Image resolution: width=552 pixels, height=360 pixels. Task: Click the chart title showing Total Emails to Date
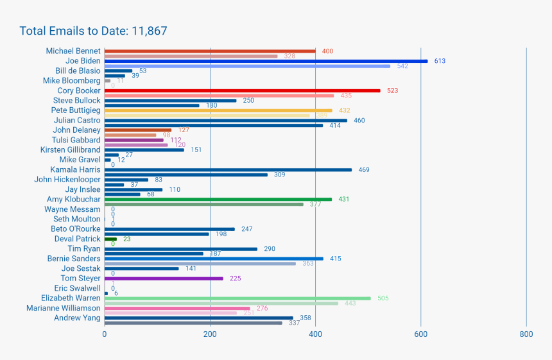coord(94,31)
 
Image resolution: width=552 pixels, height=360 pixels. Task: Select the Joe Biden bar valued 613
coord(266,61)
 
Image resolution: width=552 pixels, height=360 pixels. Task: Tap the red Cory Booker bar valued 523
coord(242,90)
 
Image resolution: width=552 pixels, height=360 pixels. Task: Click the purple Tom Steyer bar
coord(164,279)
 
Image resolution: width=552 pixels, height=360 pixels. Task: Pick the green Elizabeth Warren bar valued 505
coord(237,298)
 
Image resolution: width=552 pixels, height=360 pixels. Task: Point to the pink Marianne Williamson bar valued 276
coord(177,308)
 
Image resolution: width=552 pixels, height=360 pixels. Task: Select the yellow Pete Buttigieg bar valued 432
coord(218,110)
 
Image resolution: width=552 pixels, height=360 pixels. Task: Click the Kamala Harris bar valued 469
coord(228,170)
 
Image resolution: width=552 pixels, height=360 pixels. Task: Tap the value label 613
coord(440,61)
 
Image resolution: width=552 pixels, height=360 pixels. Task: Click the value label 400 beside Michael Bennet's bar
coord(327,51)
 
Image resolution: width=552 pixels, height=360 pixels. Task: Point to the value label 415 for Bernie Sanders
coord(335,259)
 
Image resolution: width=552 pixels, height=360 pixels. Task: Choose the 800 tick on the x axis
coord(526,334)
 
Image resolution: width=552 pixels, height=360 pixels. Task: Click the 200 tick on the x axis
coord(210,334)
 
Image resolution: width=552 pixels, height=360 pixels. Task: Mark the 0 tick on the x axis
coord(105,334)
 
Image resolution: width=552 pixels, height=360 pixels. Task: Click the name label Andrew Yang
coord(77,318)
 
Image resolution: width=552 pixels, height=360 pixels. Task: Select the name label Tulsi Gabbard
coord(76,140)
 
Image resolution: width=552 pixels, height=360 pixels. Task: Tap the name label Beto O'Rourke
coord(76,229)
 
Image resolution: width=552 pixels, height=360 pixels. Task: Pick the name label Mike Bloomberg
coord(72,81)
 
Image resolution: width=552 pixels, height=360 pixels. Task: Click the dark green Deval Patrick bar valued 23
coord(110,239)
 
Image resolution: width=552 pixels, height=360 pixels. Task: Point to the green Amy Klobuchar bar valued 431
coord(218,200)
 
